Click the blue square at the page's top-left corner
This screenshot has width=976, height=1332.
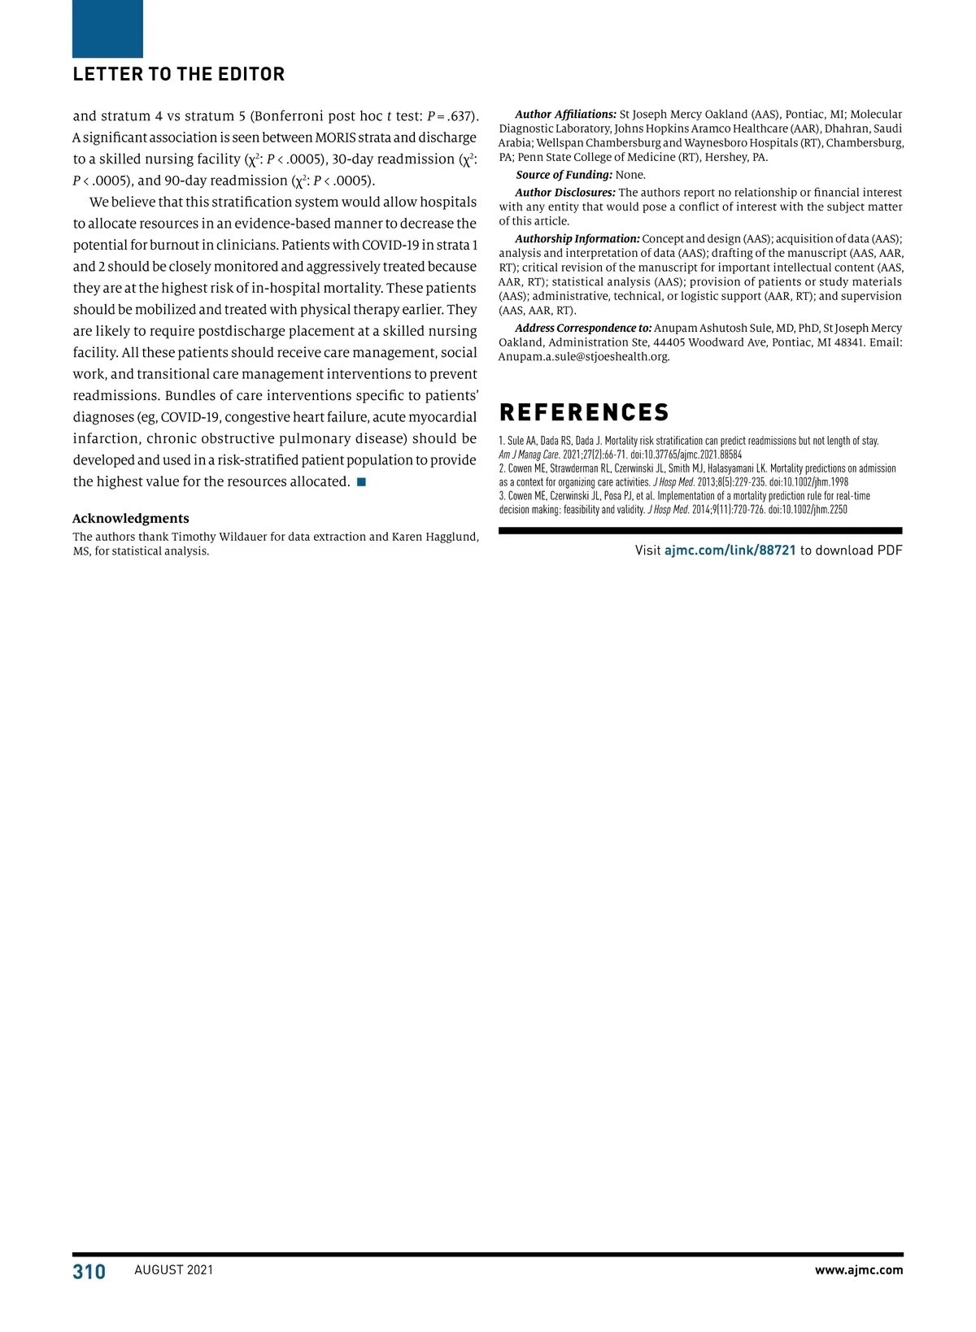coord(107,28)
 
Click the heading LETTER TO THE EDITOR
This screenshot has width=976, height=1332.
coord(179,75)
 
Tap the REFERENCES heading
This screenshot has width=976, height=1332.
coord(584,413)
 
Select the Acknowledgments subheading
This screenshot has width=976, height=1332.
coord(131,519)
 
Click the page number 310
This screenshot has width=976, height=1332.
coord(89,1272)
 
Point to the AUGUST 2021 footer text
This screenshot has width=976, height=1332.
coord(174,1270)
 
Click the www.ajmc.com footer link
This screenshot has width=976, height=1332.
coord(859,1270)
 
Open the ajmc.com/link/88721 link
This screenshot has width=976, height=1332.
coord(730,551)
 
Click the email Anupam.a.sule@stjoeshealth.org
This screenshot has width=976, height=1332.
coord(584,357)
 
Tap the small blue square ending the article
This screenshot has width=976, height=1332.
coord(361,482)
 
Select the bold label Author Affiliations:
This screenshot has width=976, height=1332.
coord(565,115)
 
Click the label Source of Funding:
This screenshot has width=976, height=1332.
coord(564,175)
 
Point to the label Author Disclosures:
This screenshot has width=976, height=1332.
coord(565,193)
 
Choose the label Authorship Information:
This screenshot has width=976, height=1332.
coord(577,239)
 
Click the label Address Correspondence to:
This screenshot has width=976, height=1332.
coord(583,329)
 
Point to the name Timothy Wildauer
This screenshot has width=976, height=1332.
coord(220,537)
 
